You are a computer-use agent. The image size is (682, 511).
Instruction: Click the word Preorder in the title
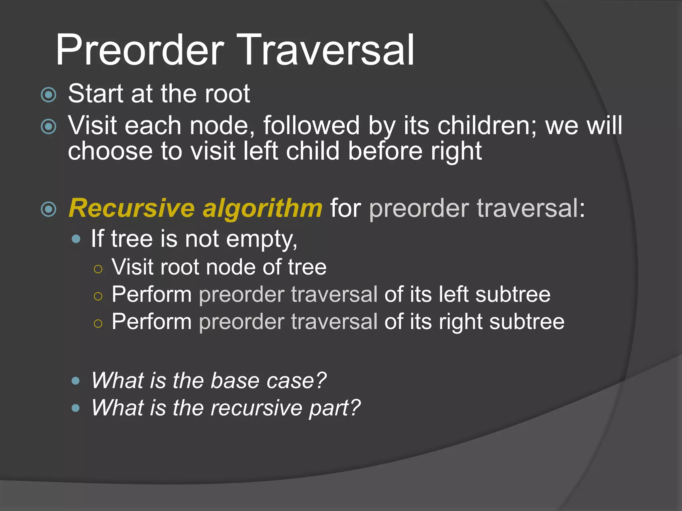140,51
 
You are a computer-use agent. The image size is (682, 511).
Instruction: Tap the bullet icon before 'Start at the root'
49,95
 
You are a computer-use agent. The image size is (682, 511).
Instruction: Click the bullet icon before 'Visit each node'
49,126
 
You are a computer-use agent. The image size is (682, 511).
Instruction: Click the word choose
110,151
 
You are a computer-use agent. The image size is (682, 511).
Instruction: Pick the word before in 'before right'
385,151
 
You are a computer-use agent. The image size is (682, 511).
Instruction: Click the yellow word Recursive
132,209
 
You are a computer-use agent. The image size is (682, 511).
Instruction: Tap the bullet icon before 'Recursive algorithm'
49,209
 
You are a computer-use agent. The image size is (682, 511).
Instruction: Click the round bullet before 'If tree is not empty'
76,239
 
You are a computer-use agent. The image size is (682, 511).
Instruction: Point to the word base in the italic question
235,381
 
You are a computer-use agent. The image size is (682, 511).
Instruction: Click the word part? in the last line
335,409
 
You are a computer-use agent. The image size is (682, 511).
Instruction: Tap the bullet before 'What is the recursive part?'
76,408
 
